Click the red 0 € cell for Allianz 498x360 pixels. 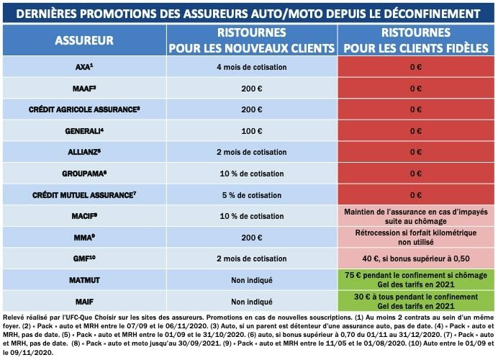click(415, 152)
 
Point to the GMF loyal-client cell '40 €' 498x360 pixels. click(415, 258)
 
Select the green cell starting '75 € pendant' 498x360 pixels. click(415, 279)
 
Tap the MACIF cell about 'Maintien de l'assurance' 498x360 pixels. click(415, 215)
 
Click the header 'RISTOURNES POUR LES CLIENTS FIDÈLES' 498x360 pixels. click(415, 41)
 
